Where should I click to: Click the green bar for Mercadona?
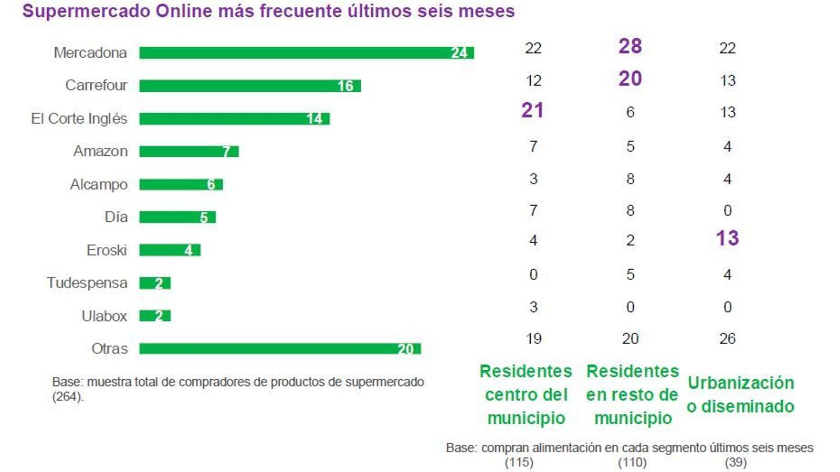pyautogui.click(x=306, y=53)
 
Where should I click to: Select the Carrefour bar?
pyautogui.click(x=250, y=85)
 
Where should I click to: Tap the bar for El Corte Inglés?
pyautogui.click(x=234, y=119)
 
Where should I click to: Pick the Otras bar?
pyautogui.click(x=280, y=349)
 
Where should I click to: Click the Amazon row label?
pyautogui.click(x=100, y=152)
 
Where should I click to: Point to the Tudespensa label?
pyautogui.click(x=87, y=283)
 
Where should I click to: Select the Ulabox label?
pyautogui.click(x=104, y=316)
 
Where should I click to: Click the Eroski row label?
pyautogui.click(x=107, y=250)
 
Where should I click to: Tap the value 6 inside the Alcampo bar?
pyautogui.click(x=211, y=185)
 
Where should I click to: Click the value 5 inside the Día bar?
pyautogui.click(x=204, y=218)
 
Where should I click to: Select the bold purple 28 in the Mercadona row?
pyautogui.click(x=630, y=46)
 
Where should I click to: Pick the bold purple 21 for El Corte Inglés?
pyautogui.click(x=532, y=110)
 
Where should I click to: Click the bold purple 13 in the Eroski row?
pyautogui.click(x=727, y=239)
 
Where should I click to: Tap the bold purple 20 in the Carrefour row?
pyautogui.click(x=630, y=79)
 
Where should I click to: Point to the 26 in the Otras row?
pyautogui.click(x=727, y=339)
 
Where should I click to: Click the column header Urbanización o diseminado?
pyautogui.click(x=740, y=394)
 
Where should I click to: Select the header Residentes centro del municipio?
pyautogui.click(x=526, y=394)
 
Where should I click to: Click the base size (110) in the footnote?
pyautogui.click(x=632, y=463)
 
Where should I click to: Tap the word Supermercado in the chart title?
pyautogui.click(x=86, y=11)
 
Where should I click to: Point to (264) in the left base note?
pyautogui.click(x=67, y=397)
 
